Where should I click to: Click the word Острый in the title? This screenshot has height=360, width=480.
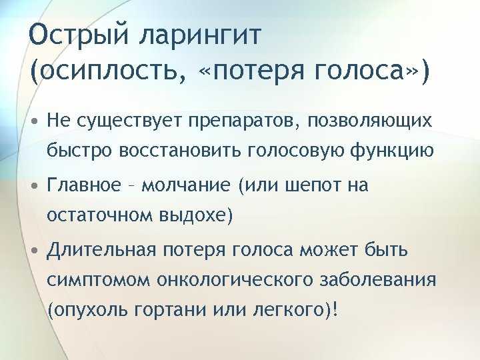click(x=79, y=35)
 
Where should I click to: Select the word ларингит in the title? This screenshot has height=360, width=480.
click(x=201, y=36)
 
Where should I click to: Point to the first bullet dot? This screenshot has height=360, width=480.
click(x=35, y=121)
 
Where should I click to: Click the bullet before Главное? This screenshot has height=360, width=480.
click(x=35, y=185)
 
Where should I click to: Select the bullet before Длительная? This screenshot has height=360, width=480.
click(x=35, y=250)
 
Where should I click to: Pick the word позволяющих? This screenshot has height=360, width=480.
click(x=370, y=121)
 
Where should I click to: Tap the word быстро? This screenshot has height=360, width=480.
click(x=79, y=150)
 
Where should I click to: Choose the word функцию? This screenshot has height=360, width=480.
click(x=393, y=151)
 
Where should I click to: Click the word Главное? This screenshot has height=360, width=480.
click(x=84, y=185)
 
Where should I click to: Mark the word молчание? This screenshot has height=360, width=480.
click(x=186, y=185)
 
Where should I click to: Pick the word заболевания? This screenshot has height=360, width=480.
click(x=378, y=280)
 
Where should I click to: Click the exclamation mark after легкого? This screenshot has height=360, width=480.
click(x=337, y=309)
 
